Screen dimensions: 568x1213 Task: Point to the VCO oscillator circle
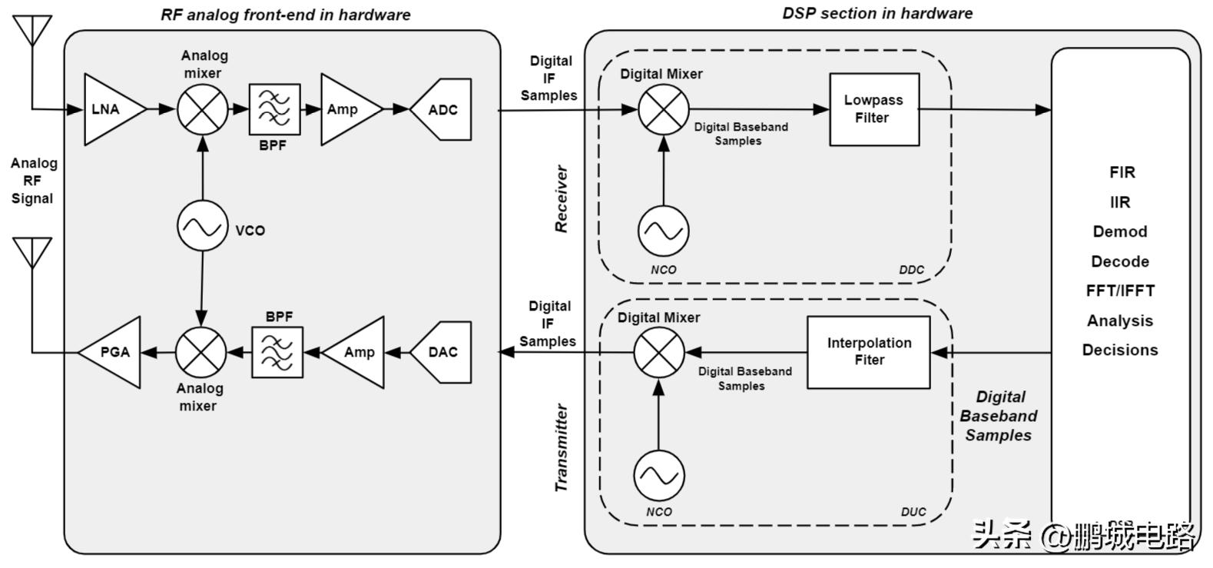203,227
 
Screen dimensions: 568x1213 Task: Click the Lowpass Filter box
873,109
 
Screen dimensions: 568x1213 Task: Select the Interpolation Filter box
868,352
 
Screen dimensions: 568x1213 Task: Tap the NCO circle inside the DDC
664,231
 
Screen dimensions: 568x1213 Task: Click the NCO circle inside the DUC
659,475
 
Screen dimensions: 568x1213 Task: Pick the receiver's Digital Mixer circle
664,109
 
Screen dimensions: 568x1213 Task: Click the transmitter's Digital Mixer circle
659,352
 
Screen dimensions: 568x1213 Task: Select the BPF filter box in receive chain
274,109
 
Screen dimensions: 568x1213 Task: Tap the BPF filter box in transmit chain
277,352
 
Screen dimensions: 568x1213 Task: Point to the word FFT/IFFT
1120,291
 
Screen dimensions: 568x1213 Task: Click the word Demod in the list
1120,231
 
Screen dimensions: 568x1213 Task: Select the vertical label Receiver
562,198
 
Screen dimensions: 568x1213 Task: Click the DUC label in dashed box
913,512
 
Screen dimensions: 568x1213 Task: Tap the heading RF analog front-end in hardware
285,15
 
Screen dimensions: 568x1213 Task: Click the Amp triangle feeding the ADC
346,109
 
